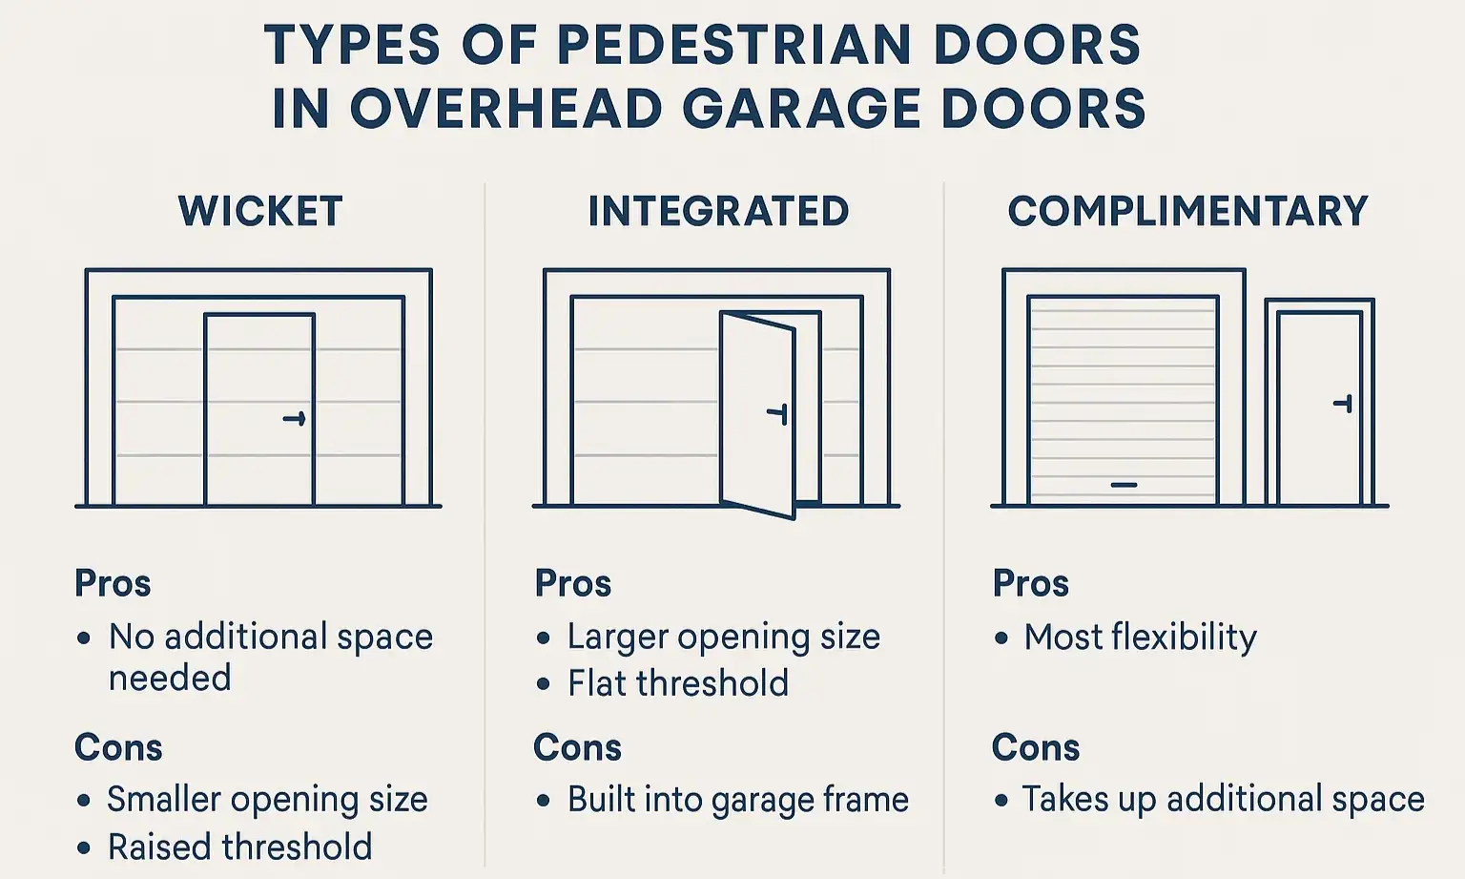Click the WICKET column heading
[260, 212]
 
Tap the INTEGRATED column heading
[718, 212]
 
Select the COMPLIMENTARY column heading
[1187, 212]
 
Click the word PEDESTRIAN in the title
[733, 45]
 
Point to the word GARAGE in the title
[801, 109]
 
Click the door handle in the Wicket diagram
[295, 418]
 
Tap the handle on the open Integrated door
[778, 413]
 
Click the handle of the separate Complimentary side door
[1343, 404]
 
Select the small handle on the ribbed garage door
[1124, 485]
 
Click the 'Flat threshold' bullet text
[678, 683]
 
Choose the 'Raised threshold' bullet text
[239, 847]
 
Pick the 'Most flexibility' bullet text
[1140, 637]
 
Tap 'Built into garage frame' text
[737, 800]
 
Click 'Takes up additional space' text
[1223, 799]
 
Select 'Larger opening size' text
[723, 637]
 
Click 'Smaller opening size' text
[267, 799]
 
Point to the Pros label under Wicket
[113, 583]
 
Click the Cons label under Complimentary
[1035, 747]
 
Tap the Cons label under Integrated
[577, 747]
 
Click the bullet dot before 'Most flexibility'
[1001, 638]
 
